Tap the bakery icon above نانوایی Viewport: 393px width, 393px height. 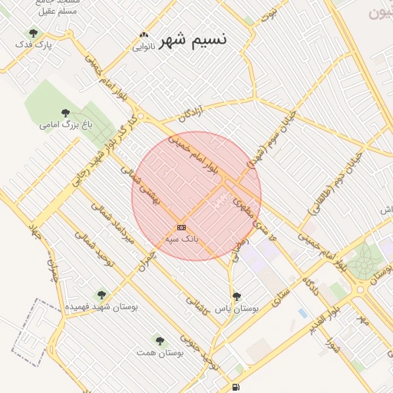point(144,35)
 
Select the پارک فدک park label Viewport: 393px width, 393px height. point(36,45)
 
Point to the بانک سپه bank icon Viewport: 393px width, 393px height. point(181,227)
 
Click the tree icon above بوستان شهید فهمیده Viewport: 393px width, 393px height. point(101,294)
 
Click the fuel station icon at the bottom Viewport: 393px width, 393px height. point(235,386)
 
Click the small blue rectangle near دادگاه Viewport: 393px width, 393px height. point(302,313)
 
